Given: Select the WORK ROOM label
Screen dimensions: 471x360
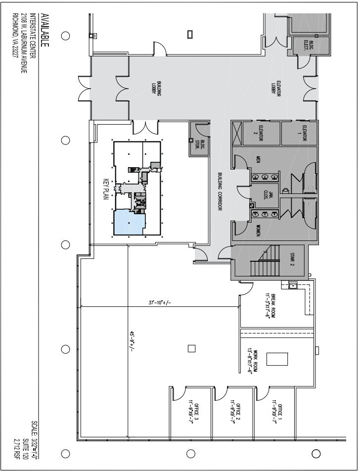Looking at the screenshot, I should tap(254, 361).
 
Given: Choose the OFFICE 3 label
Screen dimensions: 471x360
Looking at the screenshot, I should tap(193, 410).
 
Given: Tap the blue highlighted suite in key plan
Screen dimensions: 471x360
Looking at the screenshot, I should tap(128, 222).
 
